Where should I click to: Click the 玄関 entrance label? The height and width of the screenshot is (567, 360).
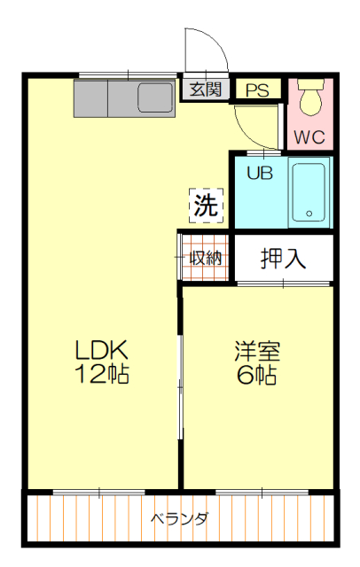tap(206, 89)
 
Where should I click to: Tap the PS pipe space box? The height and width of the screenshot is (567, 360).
tap(258, 89)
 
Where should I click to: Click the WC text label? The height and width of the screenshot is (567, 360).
tap(309, 137)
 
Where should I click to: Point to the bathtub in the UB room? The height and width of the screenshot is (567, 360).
tap(309, 192)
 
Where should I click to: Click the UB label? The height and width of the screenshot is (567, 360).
tap(260, 174)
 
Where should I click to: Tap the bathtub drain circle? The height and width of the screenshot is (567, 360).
tap(309, 214)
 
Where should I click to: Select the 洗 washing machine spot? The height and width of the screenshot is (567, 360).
tap(207, 206)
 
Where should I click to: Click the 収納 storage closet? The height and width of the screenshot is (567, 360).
tap(205, 258)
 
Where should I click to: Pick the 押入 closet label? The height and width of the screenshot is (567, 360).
tap(283, 258)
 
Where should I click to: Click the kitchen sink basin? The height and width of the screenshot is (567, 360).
tap(155, 97)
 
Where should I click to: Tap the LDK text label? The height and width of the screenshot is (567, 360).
tap(101, 350)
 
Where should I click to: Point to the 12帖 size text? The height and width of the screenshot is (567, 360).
tap(102, 373)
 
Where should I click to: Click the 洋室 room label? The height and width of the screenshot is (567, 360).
tap(257, 351)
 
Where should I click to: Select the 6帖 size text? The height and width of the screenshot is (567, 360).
tap(257, 374)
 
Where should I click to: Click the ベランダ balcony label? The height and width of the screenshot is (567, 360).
tap(179, 519)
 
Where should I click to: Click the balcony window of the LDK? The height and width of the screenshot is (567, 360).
tap(98, 493)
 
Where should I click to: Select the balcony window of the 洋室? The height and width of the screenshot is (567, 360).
tap(262, 493)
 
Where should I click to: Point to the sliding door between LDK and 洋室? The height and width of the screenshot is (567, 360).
tap(180, 387)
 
